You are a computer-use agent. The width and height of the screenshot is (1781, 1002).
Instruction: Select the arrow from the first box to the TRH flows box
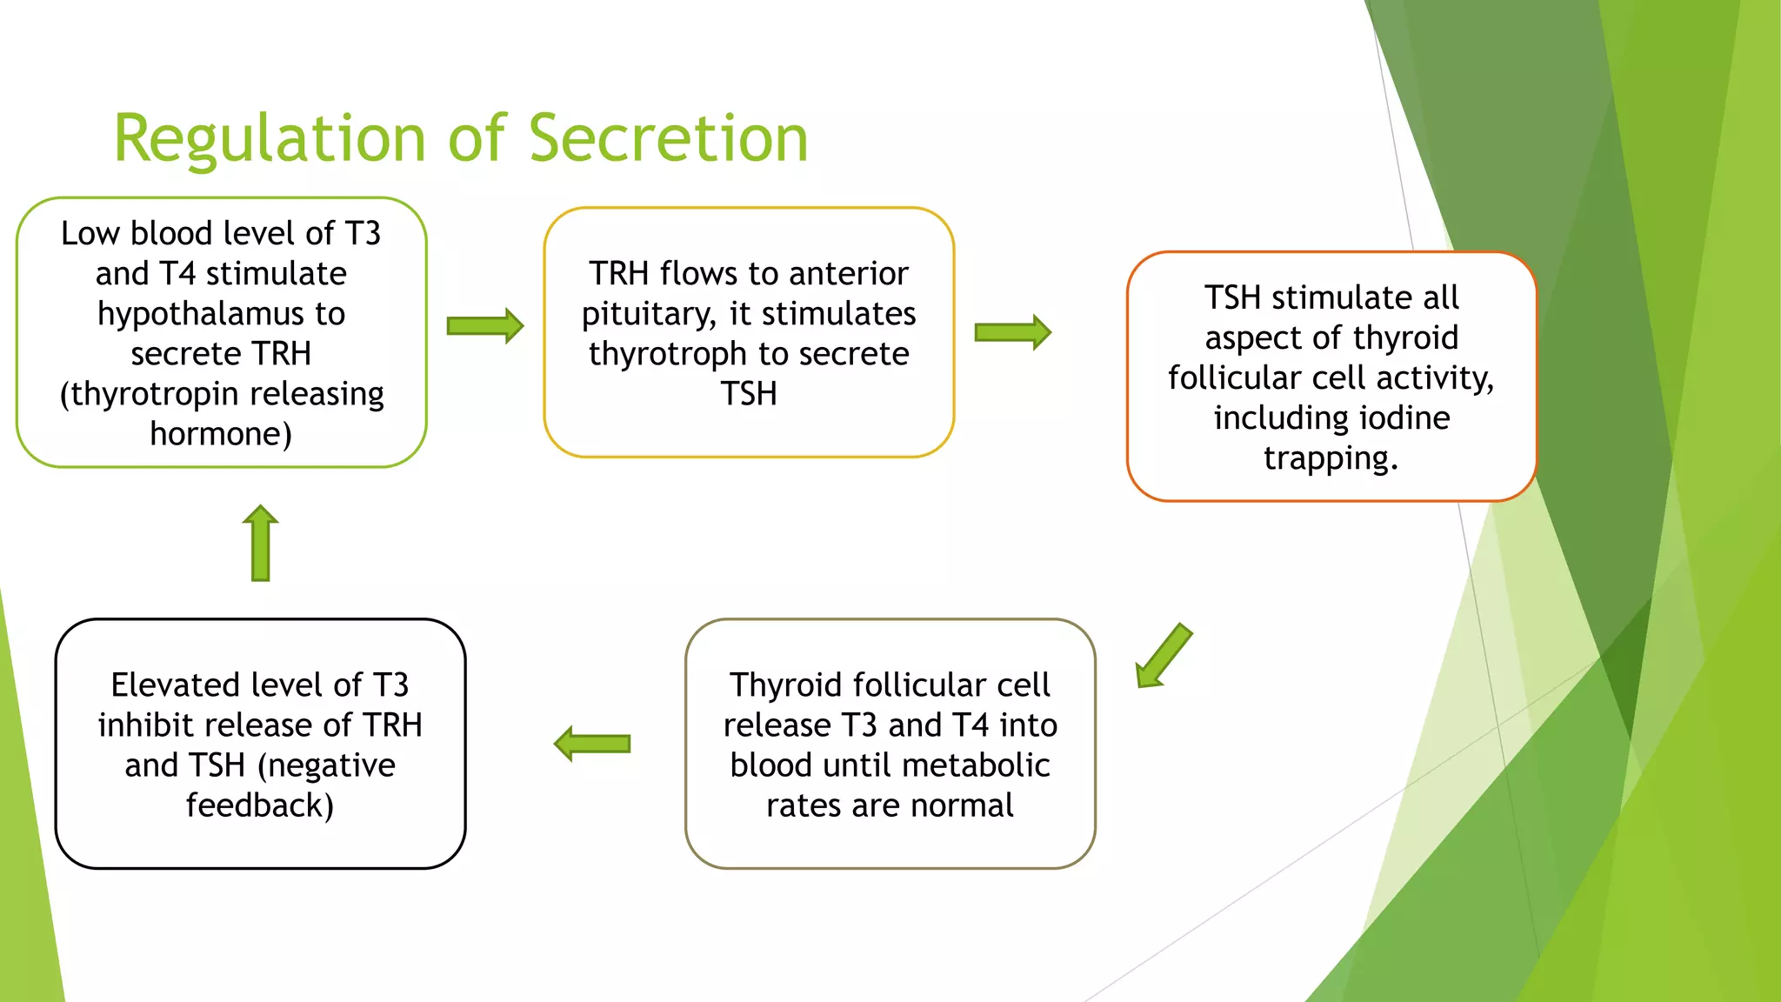click(x=484, y=326)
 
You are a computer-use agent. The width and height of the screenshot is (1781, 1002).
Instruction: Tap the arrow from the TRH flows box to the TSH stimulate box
click(x=1012, y=332)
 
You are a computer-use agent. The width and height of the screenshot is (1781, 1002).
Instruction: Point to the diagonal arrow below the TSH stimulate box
click(x=1164, y=656)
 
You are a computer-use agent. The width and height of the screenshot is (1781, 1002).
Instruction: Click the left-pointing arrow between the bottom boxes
click(x=592, y=744)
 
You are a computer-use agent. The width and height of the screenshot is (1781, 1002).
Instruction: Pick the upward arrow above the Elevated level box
click(x=260, y=543)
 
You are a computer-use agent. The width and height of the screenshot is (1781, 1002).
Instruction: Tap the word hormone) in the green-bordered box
click(x=221, y=434)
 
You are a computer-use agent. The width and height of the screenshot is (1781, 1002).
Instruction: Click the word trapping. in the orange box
click(x=1331, y=458)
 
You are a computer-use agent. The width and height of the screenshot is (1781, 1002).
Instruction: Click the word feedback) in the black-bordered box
click(x=260, y=805)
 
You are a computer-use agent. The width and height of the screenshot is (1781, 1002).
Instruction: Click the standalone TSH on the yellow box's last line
click(x=749, y=394)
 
